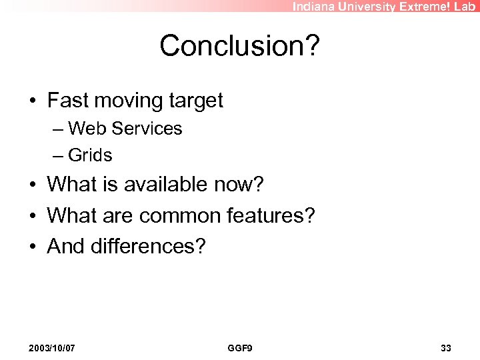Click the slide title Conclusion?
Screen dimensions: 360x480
pos(240,46)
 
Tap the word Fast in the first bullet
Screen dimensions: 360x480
pos(69,101)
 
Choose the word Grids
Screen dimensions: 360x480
pos(90,155)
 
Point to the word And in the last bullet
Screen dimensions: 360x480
pos(65,246)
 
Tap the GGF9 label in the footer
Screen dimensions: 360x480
pos(240,348)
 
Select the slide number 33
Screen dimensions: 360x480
pos(446,348)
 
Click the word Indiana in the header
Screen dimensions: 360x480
pos(315,7)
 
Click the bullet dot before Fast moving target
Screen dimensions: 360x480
pos(33,101)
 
